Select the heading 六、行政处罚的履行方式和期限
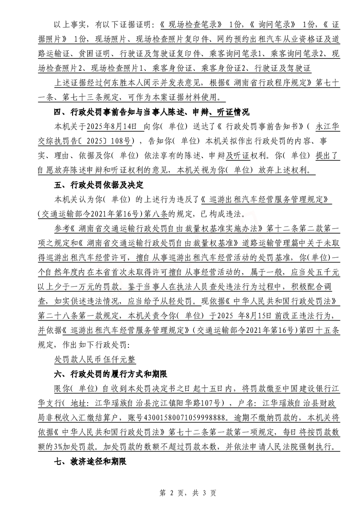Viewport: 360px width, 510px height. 111,375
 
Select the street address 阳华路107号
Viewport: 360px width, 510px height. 196,404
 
